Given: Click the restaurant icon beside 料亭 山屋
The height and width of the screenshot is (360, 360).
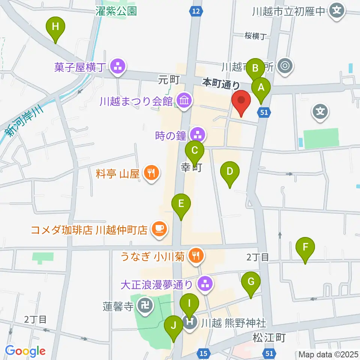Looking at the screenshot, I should coord(151,173).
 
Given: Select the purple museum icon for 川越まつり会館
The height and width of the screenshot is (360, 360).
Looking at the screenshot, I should coord(184,100).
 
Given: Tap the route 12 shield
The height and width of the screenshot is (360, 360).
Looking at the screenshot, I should coord(195,11).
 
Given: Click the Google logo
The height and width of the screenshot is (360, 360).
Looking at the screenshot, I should coord(25,351).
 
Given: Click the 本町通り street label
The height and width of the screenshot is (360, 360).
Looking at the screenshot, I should coord(221,83).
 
